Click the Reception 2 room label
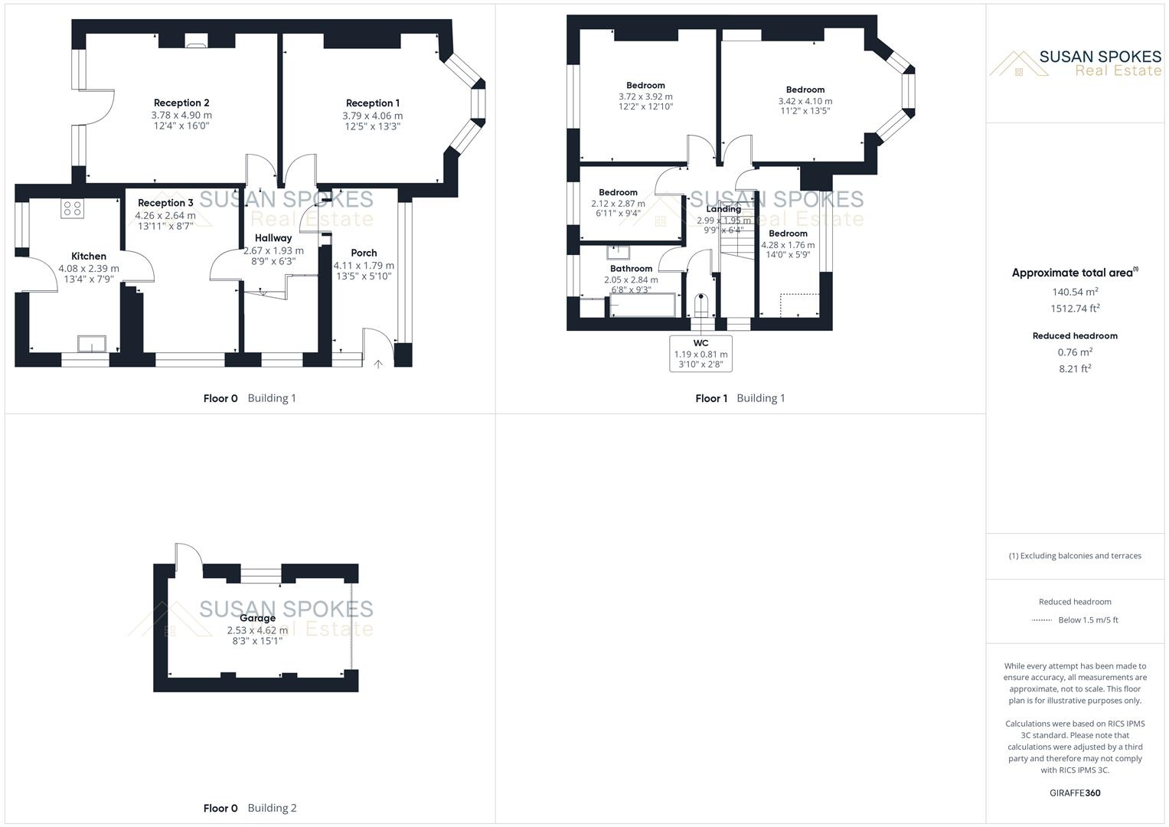point(181,103)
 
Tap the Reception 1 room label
point(373,103)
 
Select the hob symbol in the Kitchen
point(73,208)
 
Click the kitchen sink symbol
point(91,345)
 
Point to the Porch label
point(364,253)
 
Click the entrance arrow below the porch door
point(377,364)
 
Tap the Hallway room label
point(273,238)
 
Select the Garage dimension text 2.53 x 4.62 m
point(257,630)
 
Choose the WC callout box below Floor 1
point(700,354)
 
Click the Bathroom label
point(631,269)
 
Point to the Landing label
point(723,209)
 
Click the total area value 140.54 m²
point(1075,292)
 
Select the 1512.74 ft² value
point(1075,309)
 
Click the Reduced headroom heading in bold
point(1075,335)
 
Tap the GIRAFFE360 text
point(1075,793)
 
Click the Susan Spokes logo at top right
point(1075,63)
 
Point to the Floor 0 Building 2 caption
point(250,808)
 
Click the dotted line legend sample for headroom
point(1041,620)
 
